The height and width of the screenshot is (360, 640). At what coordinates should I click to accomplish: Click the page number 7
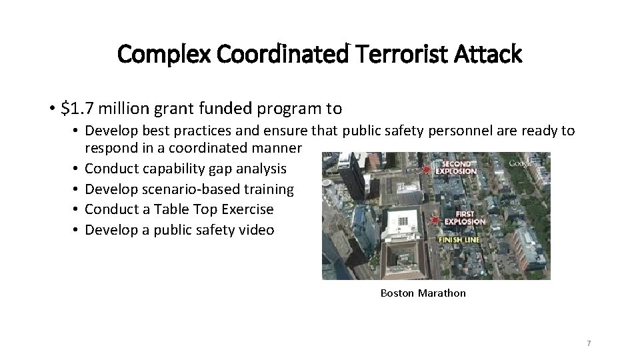point(589,343)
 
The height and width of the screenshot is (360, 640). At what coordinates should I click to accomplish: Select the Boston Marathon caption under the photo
point(423,293)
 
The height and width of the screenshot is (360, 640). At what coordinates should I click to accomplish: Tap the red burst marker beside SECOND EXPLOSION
point(426,169)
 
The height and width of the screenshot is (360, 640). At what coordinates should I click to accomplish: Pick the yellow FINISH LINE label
point(459,239)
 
